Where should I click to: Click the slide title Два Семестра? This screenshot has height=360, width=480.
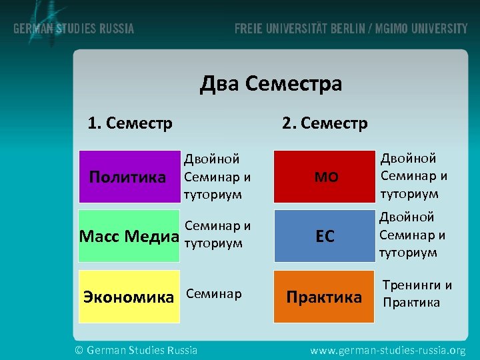click(x=271, y=84)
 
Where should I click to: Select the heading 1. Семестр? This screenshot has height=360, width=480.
click(x=130, y=123)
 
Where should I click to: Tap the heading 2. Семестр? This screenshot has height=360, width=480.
click(x=325, y=123)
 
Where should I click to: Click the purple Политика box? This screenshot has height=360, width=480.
click(x=129, y=177)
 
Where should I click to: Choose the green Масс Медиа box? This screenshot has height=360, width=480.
click(x=129, y=236)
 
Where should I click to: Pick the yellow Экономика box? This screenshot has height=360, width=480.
click(x=129, y=296)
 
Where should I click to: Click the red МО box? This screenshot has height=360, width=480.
click(x=325, y=177)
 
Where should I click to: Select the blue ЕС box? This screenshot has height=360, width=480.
click(x=325, y=236)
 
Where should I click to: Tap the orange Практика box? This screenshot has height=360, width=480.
click(x=325, y=296)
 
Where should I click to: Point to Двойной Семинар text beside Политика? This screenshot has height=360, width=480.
click(x=217, y=177)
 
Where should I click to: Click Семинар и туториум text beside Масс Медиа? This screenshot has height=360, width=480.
click(x=217, y=235)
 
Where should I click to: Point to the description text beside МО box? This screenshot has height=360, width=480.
click(x=413, y=176)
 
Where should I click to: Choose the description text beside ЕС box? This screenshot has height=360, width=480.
click(x=412, y=235)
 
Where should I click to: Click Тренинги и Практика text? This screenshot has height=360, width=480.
click(x=417, y=294)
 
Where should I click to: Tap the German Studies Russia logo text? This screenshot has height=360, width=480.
click(x=74, y=29)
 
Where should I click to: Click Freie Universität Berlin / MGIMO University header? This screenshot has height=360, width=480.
click(x=351, y=29)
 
